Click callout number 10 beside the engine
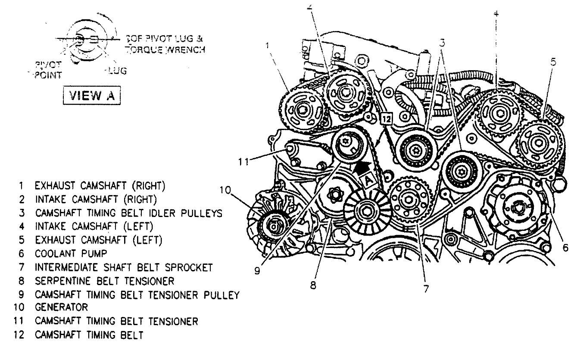[x=227, y=190]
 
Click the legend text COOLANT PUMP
[x=71, y=254]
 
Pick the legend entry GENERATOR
[x=62, y=307]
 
